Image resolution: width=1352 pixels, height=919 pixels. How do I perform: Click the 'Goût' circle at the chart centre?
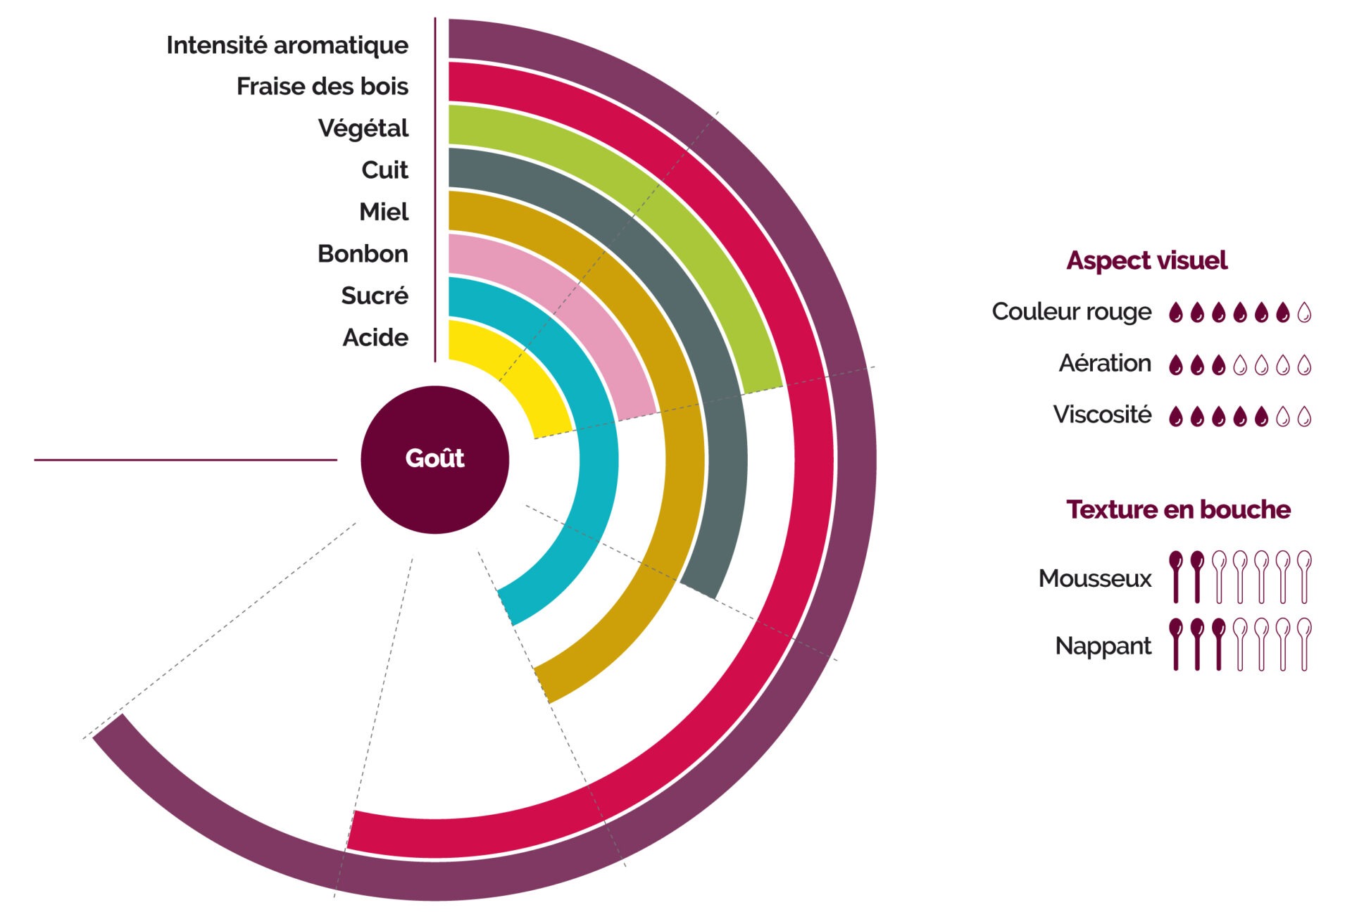434,459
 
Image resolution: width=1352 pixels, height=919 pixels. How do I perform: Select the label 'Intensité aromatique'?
287,45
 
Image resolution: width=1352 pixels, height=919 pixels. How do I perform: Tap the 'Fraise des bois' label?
322,87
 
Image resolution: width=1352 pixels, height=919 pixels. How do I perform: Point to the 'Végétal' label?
363,128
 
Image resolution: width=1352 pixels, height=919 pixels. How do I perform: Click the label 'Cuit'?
384,170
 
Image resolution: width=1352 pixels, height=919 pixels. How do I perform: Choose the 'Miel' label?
384,212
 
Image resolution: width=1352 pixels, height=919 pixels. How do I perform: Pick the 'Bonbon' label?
363,253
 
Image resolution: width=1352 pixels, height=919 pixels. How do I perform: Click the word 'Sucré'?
375,296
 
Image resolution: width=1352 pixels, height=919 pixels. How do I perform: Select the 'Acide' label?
375,338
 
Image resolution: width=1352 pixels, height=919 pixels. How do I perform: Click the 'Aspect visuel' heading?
1146,261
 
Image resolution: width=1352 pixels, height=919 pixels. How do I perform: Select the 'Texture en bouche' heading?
1178,509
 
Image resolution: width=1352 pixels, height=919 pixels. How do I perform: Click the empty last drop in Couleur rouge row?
1304,312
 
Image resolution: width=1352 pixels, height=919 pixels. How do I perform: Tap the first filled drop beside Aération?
1175,365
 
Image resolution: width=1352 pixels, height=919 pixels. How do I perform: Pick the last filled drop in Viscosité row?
1261,417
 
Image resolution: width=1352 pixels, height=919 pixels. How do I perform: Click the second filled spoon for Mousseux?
1197,576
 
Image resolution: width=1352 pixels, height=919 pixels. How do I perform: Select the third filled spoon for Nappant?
1218,643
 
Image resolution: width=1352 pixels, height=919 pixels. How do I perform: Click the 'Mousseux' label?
1095,578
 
